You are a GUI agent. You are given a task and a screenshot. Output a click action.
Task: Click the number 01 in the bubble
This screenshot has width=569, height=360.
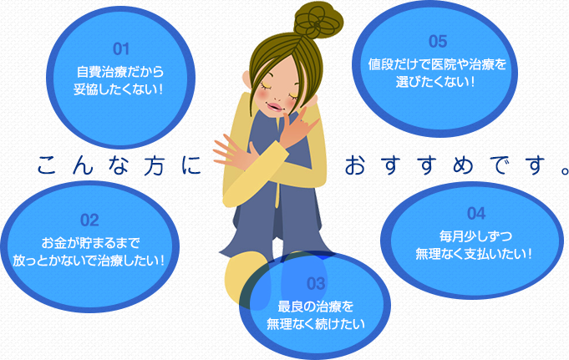click(121, 49)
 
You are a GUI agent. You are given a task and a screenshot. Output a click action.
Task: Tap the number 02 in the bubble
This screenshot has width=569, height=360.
click(89, 221)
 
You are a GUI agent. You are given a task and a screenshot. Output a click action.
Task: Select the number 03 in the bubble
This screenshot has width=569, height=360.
click(316, 283)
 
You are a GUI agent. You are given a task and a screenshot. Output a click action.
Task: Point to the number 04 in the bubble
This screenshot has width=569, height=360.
click(476, 213)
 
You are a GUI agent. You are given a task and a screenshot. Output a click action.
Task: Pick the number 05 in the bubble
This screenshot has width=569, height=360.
click(438, 42)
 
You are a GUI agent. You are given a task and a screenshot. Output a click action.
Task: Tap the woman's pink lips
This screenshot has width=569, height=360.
click(275, 108)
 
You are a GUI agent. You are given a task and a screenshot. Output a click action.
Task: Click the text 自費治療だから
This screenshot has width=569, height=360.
click(120, 72)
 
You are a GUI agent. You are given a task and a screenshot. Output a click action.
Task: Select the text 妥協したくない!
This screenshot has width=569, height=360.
click(118, 89)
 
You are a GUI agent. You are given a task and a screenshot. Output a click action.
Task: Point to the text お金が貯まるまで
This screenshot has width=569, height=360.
click(90, 243)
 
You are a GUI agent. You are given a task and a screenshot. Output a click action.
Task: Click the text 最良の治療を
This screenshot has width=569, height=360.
click(315, 307)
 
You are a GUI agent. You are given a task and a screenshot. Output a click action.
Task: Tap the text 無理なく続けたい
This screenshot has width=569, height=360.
click(316, 324)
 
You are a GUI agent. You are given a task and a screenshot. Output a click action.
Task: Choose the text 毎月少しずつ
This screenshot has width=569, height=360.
click(475, 236)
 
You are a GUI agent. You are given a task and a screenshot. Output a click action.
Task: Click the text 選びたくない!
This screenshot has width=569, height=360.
click(435, 82)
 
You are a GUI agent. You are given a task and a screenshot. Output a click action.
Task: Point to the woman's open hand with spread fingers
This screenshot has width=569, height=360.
click(232, 152)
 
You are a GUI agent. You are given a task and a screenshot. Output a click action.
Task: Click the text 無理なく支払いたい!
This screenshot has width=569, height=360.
click(474, 254)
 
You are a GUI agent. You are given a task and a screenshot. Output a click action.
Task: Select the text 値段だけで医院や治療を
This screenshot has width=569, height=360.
click(437, 64)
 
